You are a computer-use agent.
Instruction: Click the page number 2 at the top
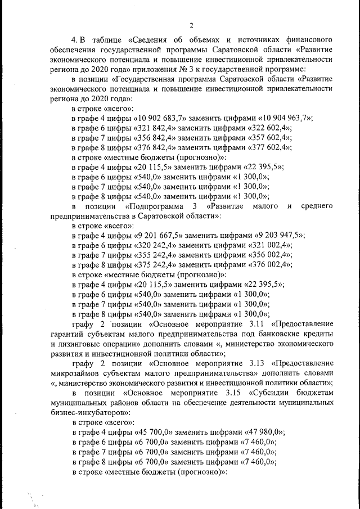coord(191,25)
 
